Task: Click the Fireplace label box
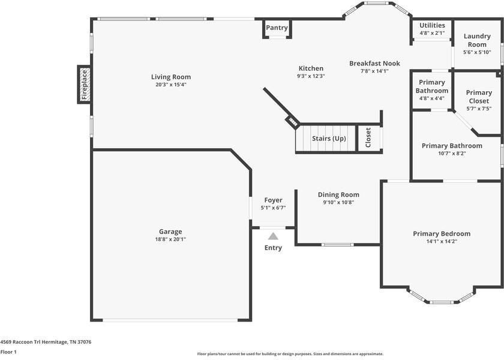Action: [x=85, y=85]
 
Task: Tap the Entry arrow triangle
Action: [x=273, y=236]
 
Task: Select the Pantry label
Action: [x=277, y=28]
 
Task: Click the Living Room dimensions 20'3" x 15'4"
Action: [x=171, y=85]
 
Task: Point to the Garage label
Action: [x=170, y=232]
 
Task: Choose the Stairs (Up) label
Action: [x=329, y=139]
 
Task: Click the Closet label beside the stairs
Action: [x=368, y=137]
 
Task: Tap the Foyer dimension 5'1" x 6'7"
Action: [x=273, y=208]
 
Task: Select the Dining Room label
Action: [x=338, y=194]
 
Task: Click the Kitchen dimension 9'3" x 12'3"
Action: [x=310, y=76]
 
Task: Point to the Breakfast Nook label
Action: [x=374, y=63]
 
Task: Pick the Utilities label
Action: [x=432, y=25]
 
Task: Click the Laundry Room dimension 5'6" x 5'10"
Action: [x=477, y=52]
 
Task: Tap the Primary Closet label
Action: [x=479, y=97]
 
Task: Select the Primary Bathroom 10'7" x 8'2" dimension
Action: [x=452, y=153]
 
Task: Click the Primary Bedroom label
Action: [x=442, y=233]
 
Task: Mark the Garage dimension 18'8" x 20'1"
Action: [x=170, y=239]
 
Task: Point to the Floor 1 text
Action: [x=8, y=352]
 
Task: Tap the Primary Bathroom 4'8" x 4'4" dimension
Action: [x=432, y=98]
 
